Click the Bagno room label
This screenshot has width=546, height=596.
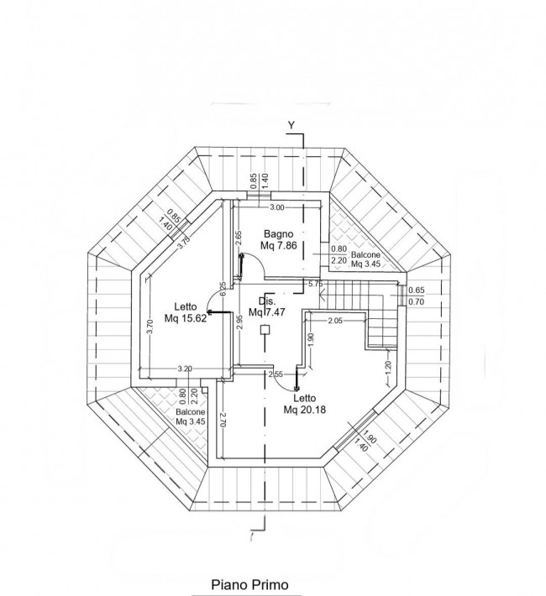[x=279, y=233]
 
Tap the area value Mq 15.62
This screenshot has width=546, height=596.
[x=186, y=318]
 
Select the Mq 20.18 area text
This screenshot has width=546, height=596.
[x=304, y=410]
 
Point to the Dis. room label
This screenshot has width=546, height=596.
[x=267, y=301]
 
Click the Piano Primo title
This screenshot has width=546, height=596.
[x=249, y=584]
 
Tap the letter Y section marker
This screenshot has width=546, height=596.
[x=291, y=125]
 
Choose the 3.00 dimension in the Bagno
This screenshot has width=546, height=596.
[x=276, y=207]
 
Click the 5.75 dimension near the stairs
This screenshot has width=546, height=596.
[x=316, y=284]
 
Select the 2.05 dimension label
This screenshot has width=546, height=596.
[x=335, y=321]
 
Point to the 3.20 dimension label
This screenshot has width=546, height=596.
[x=185, y=369]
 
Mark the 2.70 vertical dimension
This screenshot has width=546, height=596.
[x=223, y=420]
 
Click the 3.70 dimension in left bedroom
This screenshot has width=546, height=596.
[x=150, y=327]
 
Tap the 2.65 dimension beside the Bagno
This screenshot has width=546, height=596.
[x=239, y=238]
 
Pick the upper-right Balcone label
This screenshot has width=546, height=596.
[x=365, y=254]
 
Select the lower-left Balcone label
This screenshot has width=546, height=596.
[x=190, y=412]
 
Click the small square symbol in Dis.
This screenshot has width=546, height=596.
[x=265, y=330]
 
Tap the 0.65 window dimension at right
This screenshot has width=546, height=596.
[x=417, y=290]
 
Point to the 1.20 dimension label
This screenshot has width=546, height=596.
[x=388, y=367]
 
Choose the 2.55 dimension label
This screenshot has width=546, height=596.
[x=276, y=374]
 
